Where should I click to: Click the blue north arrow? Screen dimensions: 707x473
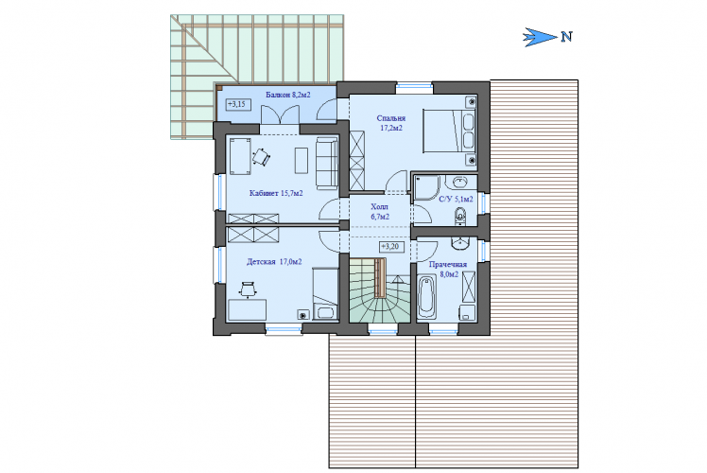pyautogui.click(x=540, y=37)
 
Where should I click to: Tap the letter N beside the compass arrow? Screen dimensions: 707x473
pyautogui.click(x=567, y=37)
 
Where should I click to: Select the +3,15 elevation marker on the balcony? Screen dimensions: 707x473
pyautogui.click(x=237, y=105)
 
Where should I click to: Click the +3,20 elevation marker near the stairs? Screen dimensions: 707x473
pyautogui.click(x=390, y=247)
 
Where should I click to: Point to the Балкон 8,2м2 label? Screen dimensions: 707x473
pyautogui.click(x=287, y=95)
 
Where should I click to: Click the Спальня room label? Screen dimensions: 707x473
pyautogui.click(x=391, y=118)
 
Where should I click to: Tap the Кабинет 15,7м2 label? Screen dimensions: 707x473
pyautogui.click(x=276, y=193)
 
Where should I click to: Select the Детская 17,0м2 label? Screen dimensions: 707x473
pyautogui.click(x=274, y=262)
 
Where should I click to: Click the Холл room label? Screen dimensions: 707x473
pyautogui.click(x=379, y=207)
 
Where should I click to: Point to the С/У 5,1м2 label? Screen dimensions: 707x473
pyautogui.click(x=456, y=199)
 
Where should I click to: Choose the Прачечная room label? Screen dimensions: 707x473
pyautogui.click(x=448, y=265)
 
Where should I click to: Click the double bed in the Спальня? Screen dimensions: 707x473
pyautogui.click(x=449, y=131)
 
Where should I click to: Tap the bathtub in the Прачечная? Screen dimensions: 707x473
pyautogui.click(x=425, y=297)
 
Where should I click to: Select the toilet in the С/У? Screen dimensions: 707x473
pyautogui.click(x=460, y=216)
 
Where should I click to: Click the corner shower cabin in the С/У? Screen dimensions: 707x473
pyautogui.click(x=425, y=187)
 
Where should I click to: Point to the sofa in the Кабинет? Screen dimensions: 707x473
pyautogui.click(x=326, y=163)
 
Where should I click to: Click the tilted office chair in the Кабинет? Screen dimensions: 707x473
pyautogui.click(x=261, y=157)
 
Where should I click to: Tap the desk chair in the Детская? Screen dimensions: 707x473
pyautogui.click(x=248, y=289)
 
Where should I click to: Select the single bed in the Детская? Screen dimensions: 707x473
pyautogui.click(x=325, y=293)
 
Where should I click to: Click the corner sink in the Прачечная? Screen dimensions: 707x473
pyautogui.click(x=461, y=244)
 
